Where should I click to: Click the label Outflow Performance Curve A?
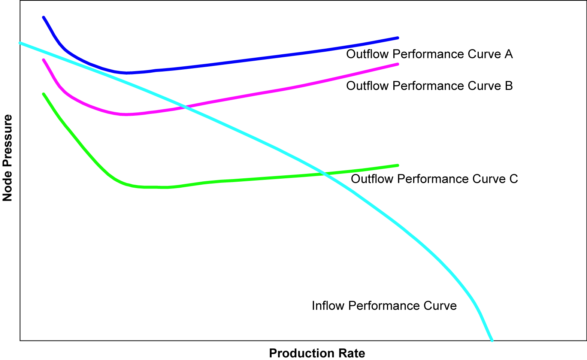tap(429, 54)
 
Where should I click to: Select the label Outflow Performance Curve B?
tap(429, 86)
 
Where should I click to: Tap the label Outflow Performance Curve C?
tap(434, 179)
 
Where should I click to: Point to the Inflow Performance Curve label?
tap(384, 306)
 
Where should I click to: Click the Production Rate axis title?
tap(317, 353)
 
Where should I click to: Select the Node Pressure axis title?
tap(7, 158)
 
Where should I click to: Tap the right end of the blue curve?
tap(397, 38)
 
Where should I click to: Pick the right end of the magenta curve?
tap(397, 64)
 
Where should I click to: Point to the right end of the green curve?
tap(397, 165)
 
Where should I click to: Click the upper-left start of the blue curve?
tap(43, 17)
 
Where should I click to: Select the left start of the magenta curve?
tap(43, 60)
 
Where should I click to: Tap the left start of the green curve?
tap(43, 94)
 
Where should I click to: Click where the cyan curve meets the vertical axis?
tap(20, 43)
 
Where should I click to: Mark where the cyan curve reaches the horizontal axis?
tap(492, 340)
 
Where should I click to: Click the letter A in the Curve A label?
tap(508, 54)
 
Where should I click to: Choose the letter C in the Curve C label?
tap(514, 179)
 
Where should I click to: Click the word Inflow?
tap(329, 306)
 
